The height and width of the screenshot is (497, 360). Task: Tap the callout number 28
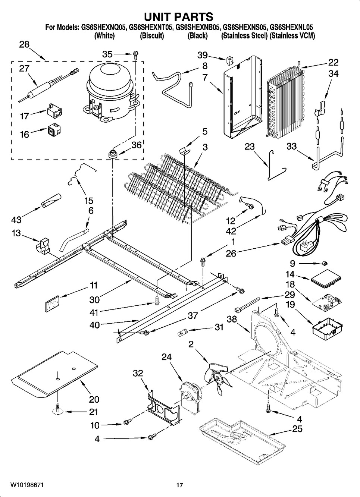coord(24,44)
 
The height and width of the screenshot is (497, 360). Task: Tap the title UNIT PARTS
coord(179,17)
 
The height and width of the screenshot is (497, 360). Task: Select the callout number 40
coord(95,325)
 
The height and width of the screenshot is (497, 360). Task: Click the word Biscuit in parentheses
coord(152,36)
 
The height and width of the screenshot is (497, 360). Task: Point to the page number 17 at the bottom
coord(179,485)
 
